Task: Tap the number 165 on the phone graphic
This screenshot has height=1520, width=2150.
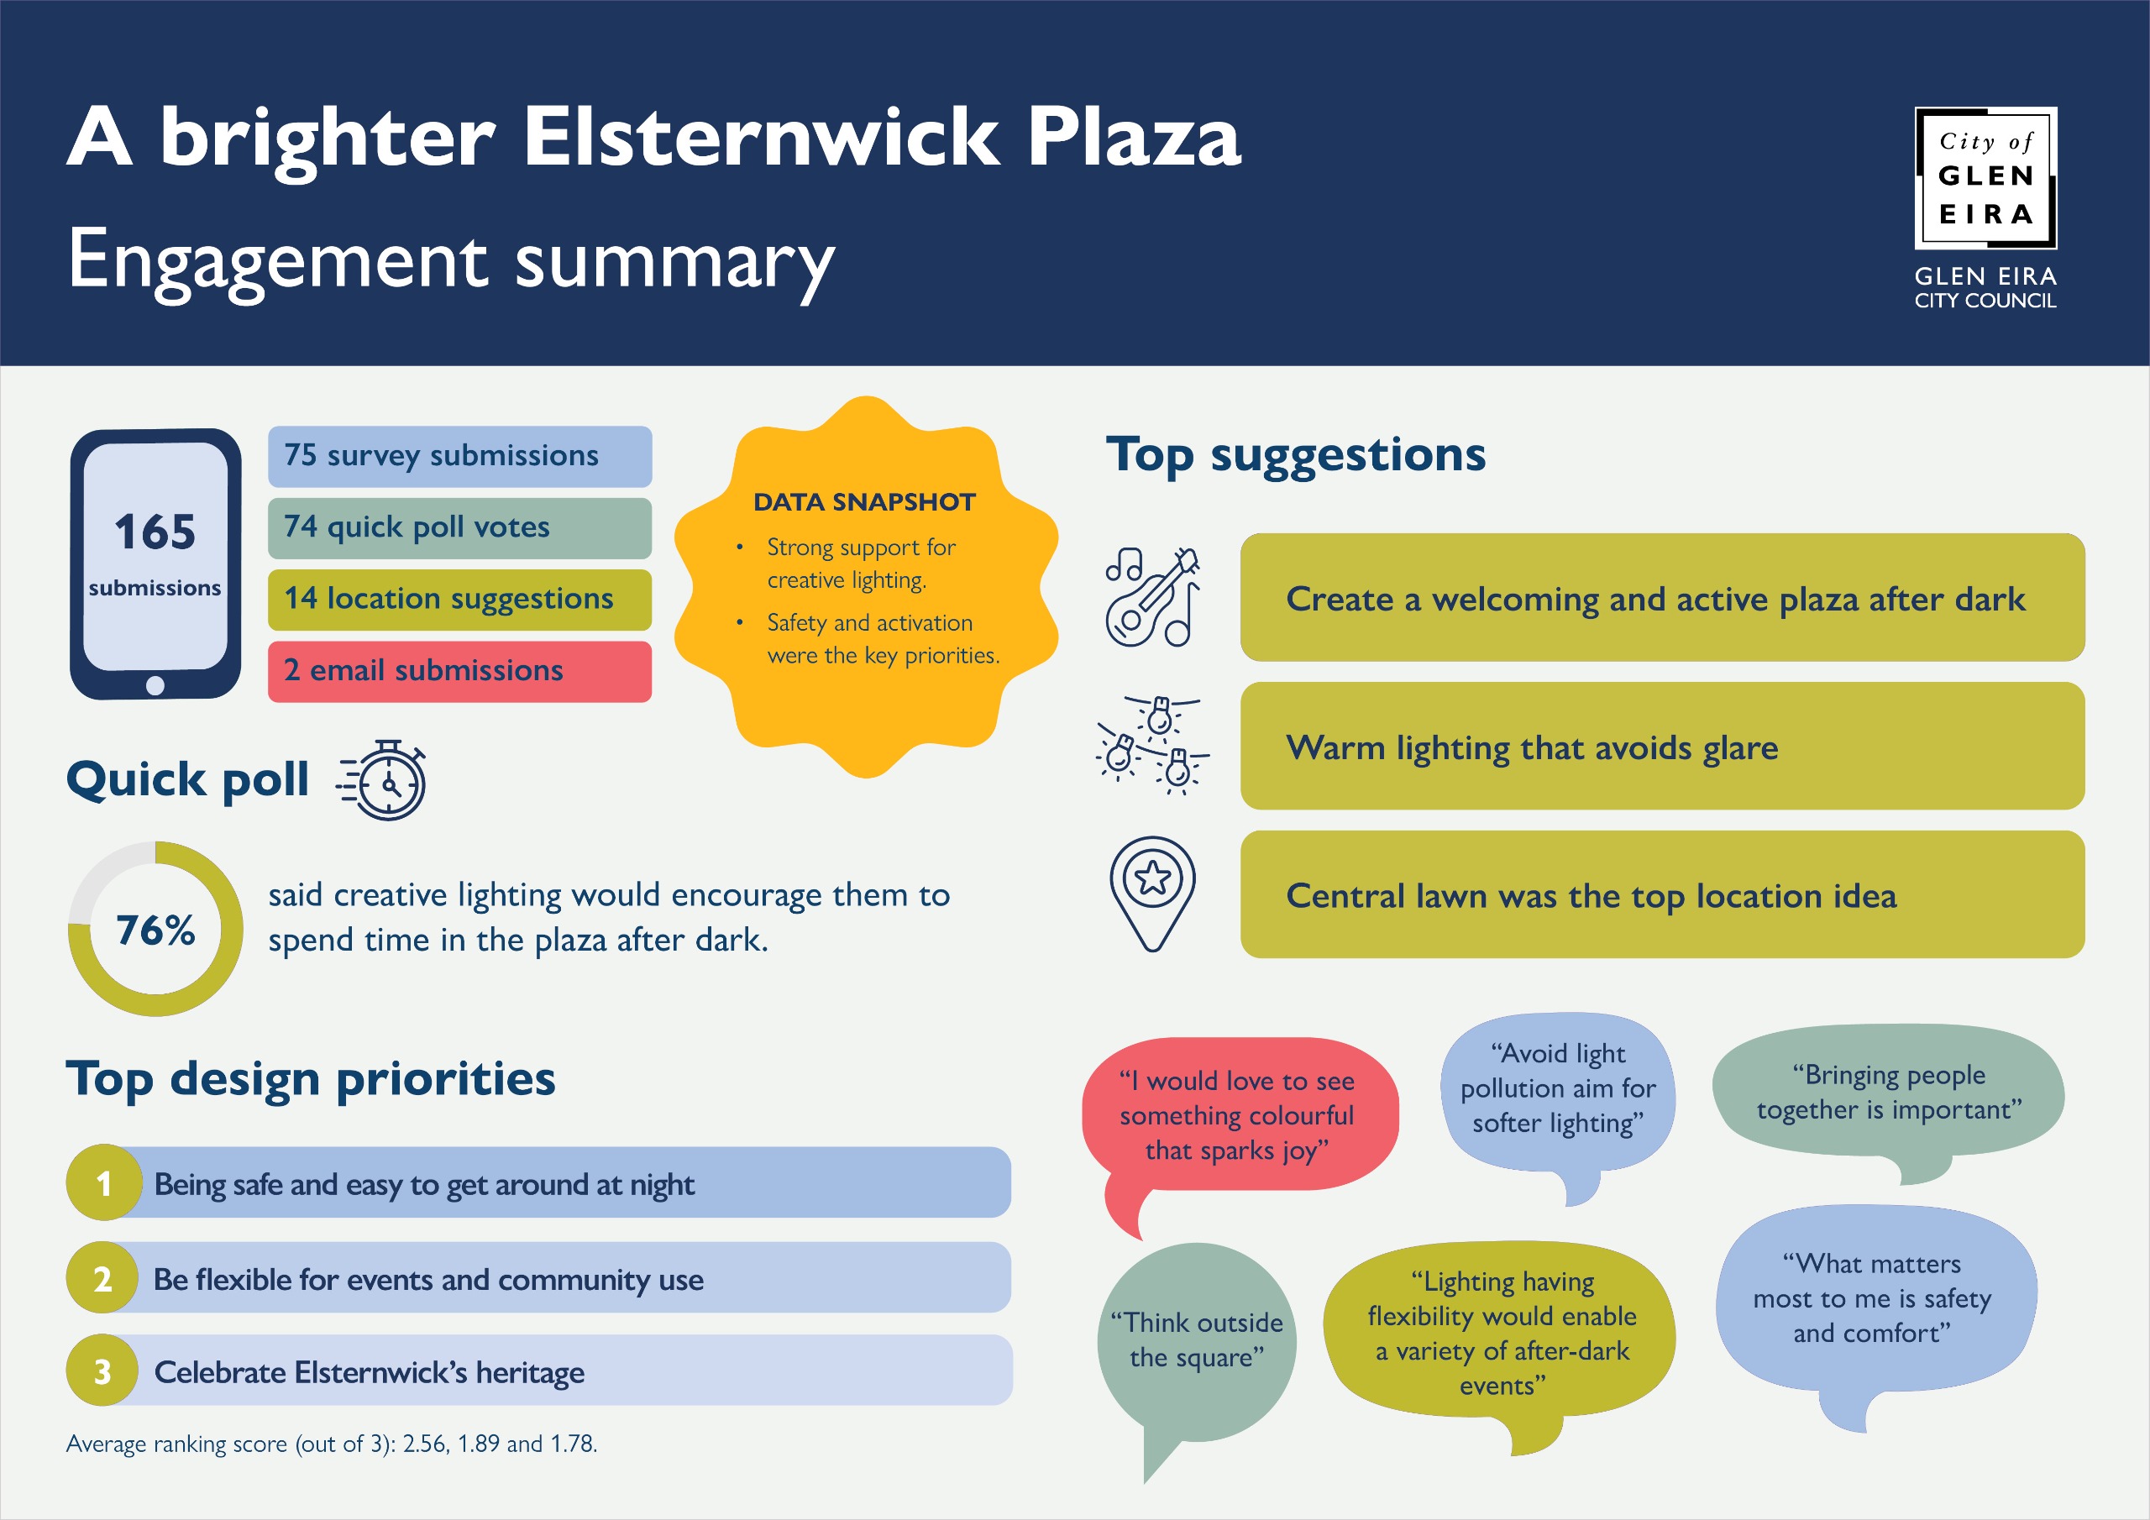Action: pyautogui.click(x=155, y=532)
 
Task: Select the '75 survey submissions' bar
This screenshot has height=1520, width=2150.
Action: pyautogui.click(x=459, y=456)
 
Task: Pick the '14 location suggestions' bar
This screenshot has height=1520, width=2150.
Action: pyautogui.click(x=459, y=600)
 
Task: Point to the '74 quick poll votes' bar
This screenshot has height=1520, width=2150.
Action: pyautogui.click(x=459, y=528)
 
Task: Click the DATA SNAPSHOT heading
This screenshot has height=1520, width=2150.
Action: pyautogui.click(x=864, y=502)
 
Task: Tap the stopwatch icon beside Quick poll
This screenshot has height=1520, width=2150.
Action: pyautogui.click(x=384, y=780)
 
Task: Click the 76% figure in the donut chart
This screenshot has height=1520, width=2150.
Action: pyautogui.click(x=155, y=930)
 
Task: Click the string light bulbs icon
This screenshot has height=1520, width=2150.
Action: pyautogui.click(x=1153, y=746)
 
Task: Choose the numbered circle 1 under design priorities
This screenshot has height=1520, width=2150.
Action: pyautogui.click(x=104, y=1183)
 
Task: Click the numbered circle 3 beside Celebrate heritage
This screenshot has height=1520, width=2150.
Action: pyautogui.click(x=103, y=1371)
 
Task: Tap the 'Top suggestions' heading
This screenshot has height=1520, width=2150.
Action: pyautogui.click(x=1296, y=456)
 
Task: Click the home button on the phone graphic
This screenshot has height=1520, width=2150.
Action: pyautogui.click(x=155, y=685)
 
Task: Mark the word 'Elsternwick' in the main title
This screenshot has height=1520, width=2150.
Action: pyautogui.click(x=761, y=138)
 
